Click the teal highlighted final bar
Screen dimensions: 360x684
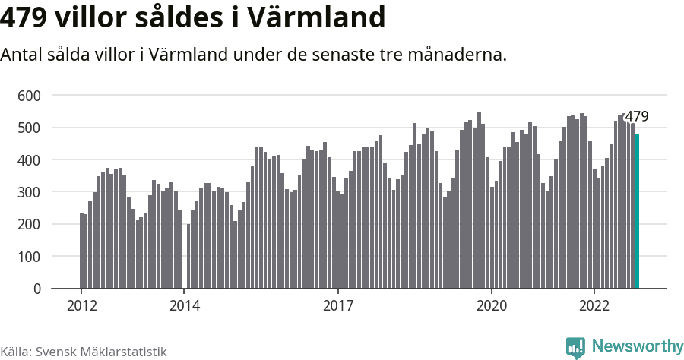[x=638, y=212]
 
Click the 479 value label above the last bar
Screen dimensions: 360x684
[x=636, y=117]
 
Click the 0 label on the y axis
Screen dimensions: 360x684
[x=36, y=289]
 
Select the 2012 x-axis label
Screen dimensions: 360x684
[x=81, y=305]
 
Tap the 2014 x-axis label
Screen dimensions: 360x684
[x=184, y=305]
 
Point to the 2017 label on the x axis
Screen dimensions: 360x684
[x=338, y=305]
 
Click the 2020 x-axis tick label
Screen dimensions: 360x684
[x=492, y=305]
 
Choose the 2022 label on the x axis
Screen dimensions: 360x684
[x=594, y=305]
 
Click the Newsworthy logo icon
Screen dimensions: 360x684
[x=575, y=347]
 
